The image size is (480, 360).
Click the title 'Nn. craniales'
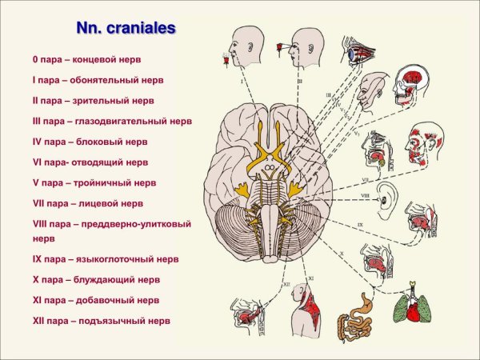[x=126, y=28]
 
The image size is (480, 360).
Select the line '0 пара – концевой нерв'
[x=88, y=60]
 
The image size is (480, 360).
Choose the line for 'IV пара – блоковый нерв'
[x=89, y=142]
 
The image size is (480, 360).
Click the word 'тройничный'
[x=102, y=182]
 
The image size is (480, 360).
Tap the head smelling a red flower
[x=242, y=50]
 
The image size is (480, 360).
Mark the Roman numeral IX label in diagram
[x=360, y=225]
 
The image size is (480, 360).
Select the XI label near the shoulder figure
[x=310, y=278]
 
